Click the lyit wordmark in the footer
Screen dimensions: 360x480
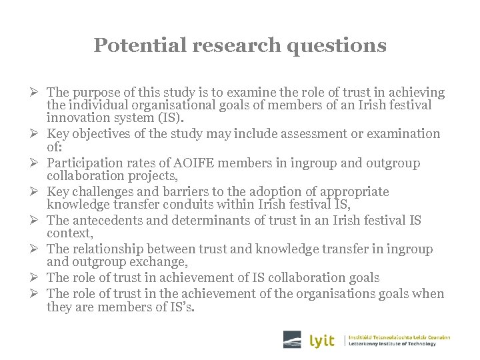click(323, 341)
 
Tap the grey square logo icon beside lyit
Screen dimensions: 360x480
click(292, 339)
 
